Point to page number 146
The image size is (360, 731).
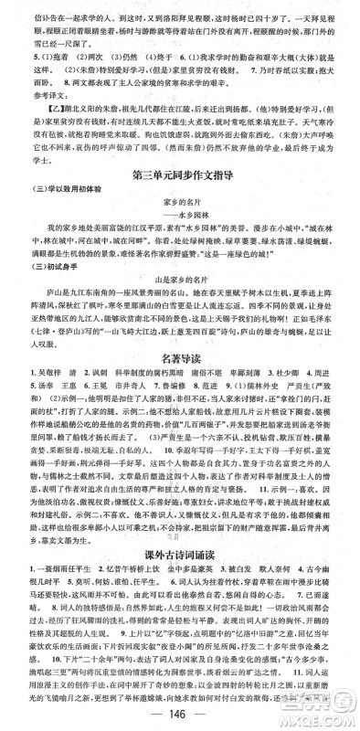coord(180,715)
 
